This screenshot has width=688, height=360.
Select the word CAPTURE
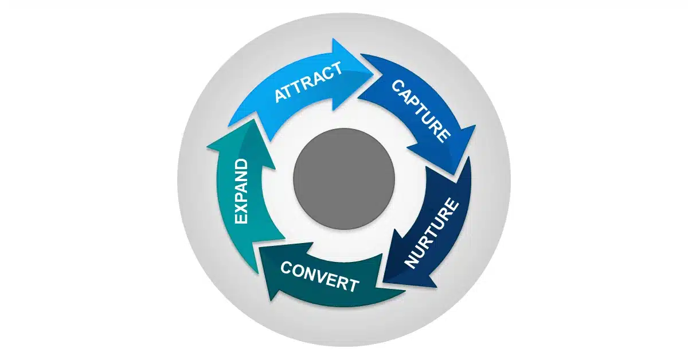tap(420, 110)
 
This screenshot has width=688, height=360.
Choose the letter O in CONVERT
tap(298, 271)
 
